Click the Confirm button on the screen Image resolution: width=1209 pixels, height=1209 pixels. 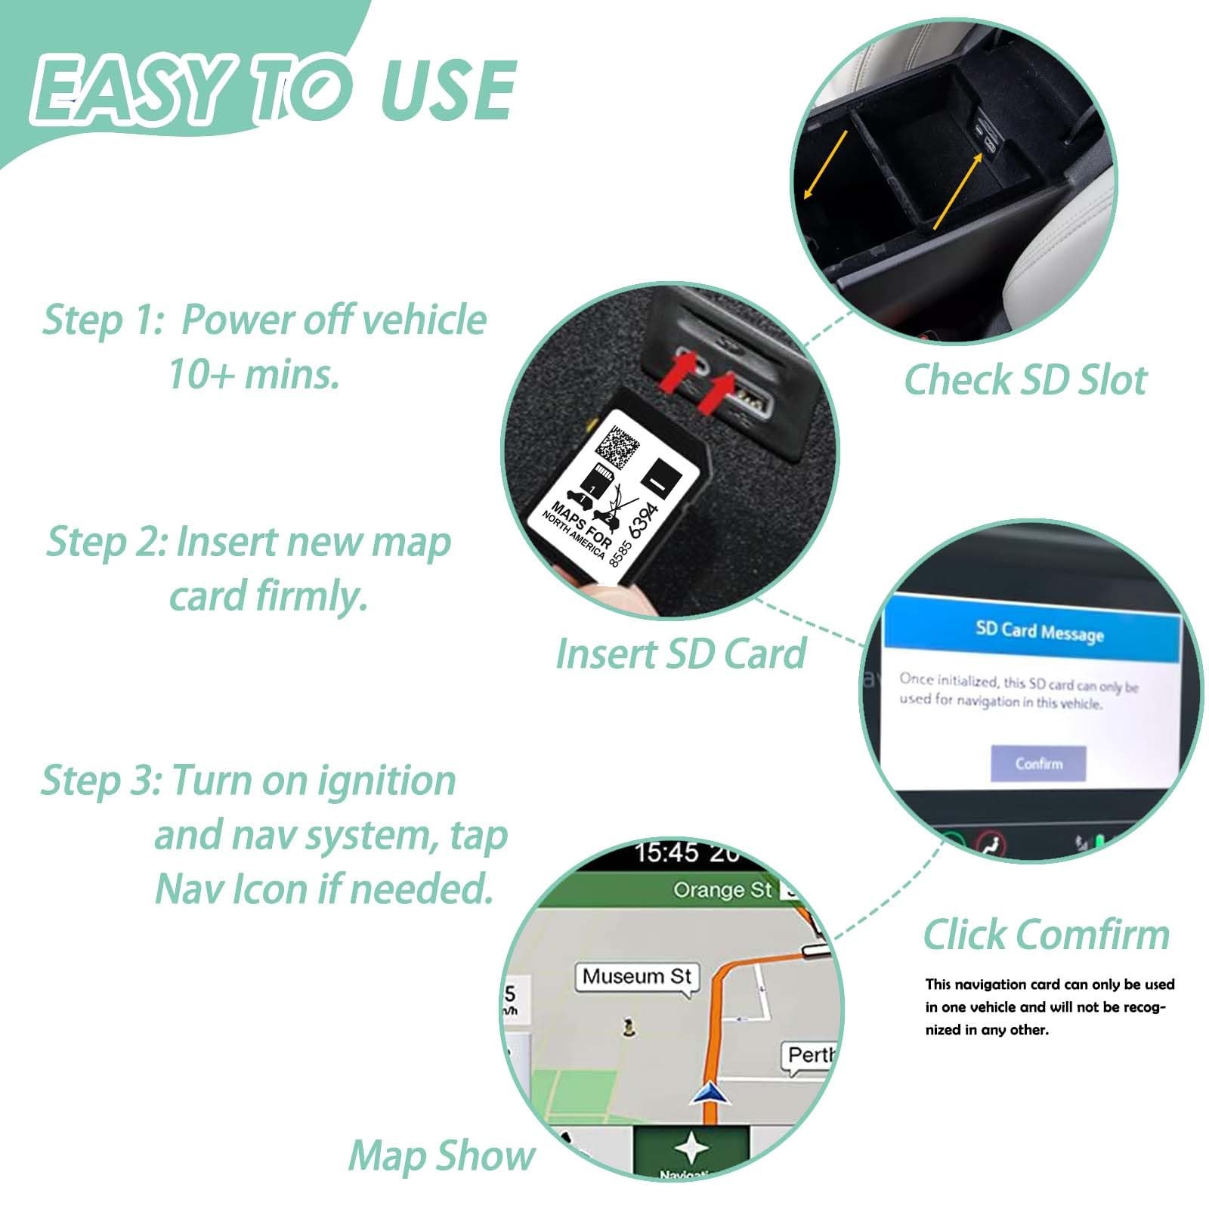point(1037,764)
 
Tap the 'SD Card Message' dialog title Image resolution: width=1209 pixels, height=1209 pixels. point(1039,631)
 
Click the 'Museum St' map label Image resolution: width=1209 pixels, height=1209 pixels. point(637,976)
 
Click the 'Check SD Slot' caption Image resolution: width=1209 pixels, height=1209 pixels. point(1025,379)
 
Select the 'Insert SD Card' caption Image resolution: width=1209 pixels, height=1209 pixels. point(681,654)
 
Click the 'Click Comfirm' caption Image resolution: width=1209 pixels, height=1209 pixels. point(1046,935)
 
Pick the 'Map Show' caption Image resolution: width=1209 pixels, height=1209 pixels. point(441,1156)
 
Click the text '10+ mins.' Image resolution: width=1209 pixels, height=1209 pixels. point(254,374)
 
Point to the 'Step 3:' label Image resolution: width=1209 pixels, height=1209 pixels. point(100,780)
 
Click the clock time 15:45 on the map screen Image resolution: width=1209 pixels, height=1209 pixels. point(666,852)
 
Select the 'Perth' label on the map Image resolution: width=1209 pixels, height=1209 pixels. point(809,1055)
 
